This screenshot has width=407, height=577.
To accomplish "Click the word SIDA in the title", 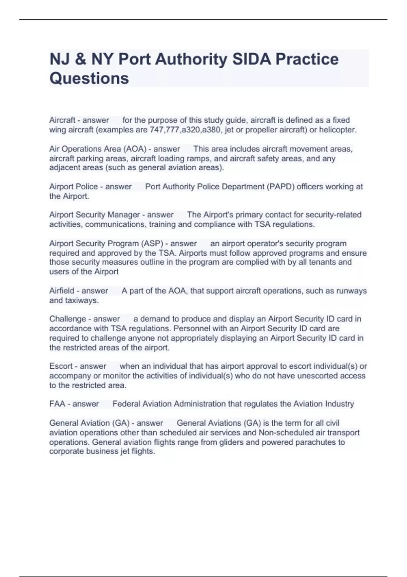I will click(x=251, y=59).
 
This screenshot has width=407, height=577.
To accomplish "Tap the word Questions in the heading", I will click(x=89, y=78).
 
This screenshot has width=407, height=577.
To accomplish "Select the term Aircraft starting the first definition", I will click(x=62, y=120).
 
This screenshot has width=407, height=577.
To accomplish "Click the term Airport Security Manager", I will click(x=95, y=215).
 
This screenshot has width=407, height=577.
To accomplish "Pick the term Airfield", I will click(x=62, y=291).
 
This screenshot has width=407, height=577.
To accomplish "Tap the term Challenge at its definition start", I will click(x=68, y=319).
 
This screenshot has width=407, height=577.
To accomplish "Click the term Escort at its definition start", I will click(x=61, y=366).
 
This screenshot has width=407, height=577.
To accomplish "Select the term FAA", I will click(x=57, y=404).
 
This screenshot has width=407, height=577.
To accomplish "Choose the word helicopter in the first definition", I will click(x=337, y=130).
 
